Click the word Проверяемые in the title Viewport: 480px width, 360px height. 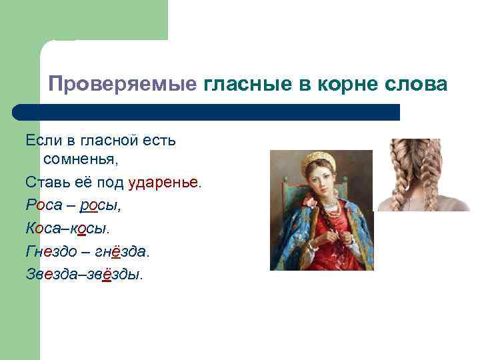(122, 85)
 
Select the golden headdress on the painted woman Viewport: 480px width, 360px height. (317, 163)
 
